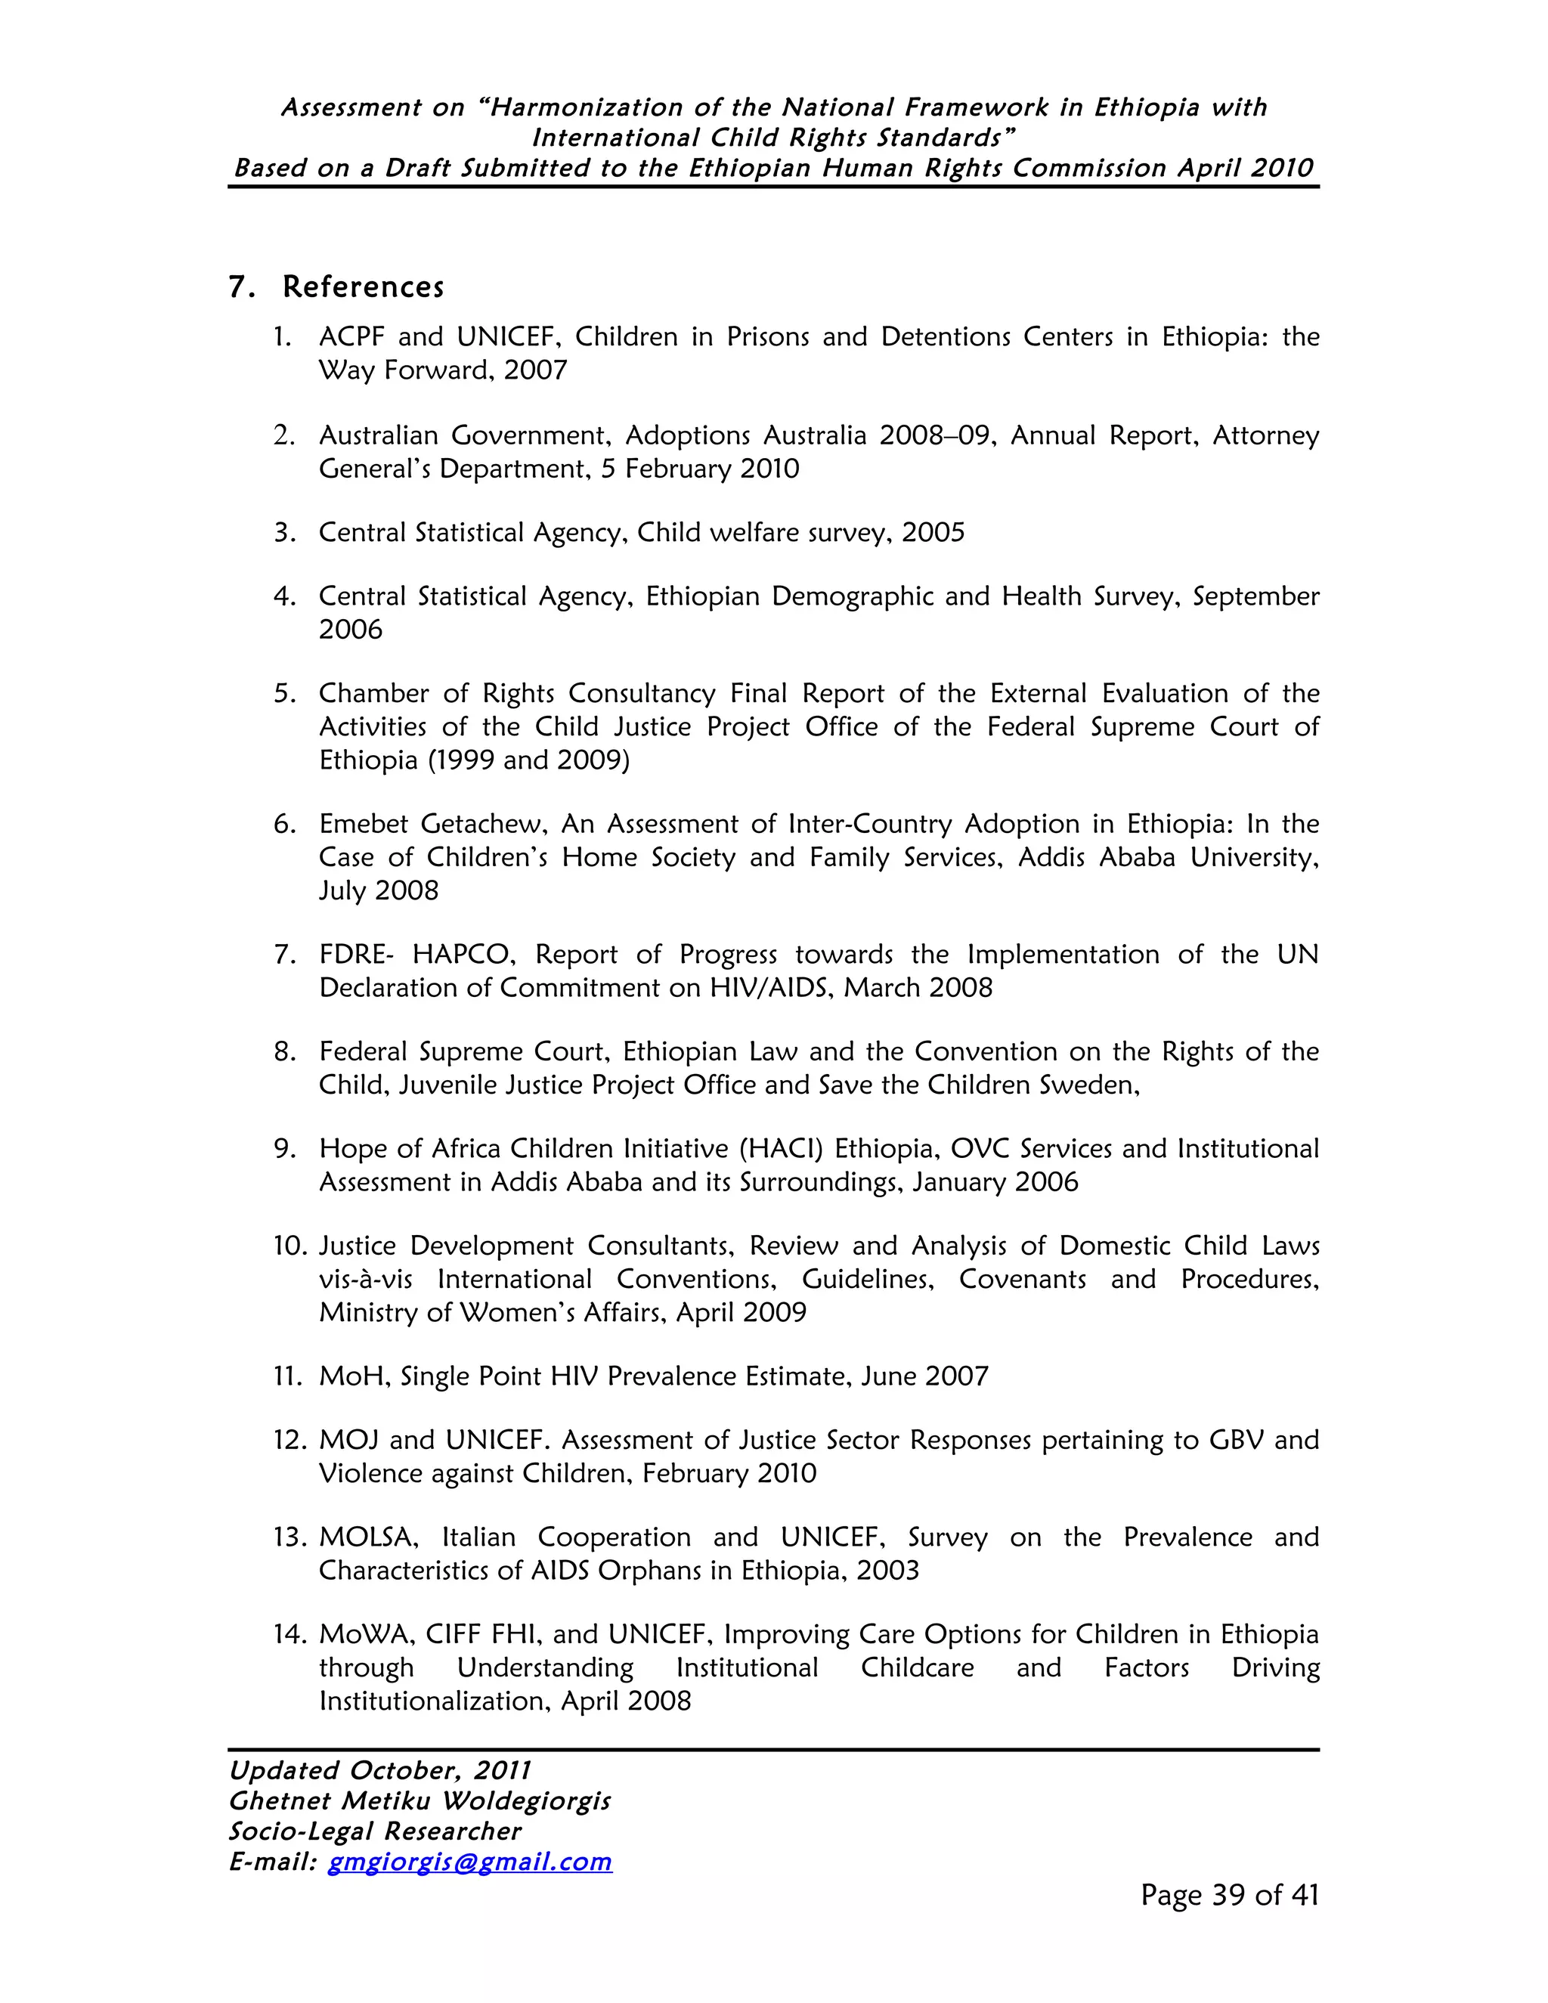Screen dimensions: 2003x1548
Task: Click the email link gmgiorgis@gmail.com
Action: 469,1861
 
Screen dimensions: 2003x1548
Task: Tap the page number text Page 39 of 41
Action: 1229,1895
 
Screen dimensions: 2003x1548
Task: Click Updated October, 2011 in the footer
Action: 379,1770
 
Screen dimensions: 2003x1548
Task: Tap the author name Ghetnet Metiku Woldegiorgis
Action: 419,1800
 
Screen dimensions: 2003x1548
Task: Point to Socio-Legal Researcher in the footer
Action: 374,1831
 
